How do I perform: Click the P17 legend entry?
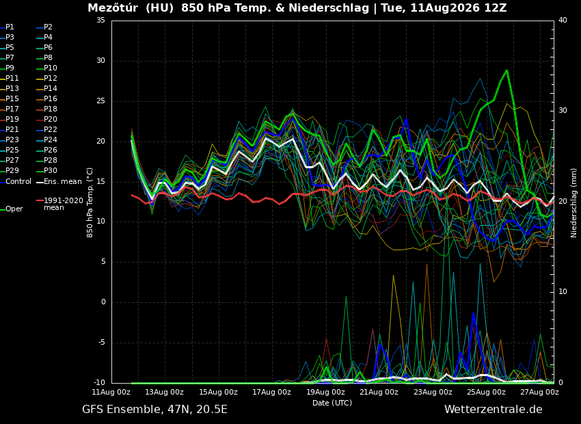pyautogui.click(x=10, y=109)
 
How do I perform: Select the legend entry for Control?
pyautogui.click(x=16, y=182)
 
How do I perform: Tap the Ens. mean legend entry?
pyautogui.click(x=59, y=182)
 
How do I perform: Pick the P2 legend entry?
pyautogui.click(x=44, y=27)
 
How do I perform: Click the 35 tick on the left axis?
pyautogui.click(x=100, y=20)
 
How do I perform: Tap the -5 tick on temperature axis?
pyautogui.click(x=100, y=343)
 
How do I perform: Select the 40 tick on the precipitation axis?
pyautogui.click(x=563, y=20)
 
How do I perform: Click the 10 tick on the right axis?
pyautogui.click(x=563, y=292)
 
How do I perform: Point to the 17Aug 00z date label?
pyautogui.click(x=271, y=392)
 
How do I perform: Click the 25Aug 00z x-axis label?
pyautogui.click(x=486, y=392)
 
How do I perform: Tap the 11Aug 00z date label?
pyautogui.click(x=111, y=392)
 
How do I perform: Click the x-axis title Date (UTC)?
pyautogui.click(x=332, y=403)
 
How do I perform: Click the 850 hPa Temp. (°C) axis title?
pyautogui.click(x=90, y=202)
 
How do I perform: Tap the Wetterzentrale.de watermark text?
pyautogui.click(x=494, y=410)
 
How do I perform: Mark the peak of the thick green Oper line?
pyautogui.click(x=506, y=70)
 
